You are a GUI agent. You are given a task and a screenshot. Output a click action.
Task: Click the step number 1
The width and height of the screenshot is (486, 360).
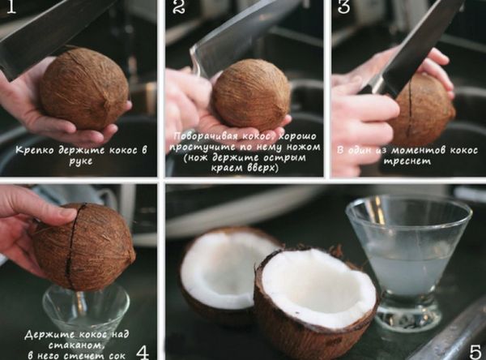11,6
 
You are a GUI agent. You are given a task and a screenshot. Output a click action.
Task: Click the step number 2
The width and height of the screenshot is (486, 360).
179,6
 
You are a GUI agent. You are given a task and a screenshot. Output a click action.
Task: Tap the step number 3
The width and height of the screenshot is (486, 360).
343,6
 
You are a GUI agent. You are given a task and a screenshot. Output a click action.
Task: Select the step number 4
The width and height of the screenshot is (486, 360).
143,352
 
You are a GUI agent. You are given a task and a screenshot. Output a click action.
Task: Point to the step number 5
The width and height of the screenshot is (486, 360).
475,352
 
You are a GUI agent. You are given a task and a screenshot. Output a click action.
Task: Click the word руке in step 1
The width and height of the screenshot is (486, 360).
80,161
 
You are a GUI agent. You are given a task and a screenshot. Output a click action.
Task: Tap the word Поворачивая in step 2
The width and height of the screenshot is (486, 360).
206,136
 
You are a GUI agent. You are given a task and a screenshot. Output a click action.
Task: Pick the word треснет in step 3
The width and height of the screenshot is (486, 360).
407,161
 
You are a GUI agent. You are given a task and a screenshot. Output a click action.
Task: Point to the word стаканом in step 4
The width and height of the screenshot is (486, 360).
76,345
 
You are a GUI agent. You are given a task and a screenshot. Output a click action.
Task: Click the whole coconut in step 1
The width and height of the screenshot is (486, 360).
84,89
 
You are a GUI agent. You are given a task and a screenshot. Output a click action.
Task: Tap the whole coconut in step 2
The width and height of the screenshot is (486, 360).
251,94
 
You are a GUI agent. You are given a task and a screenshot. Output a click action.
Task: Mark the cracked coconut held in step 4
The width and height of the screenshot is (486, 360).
83,246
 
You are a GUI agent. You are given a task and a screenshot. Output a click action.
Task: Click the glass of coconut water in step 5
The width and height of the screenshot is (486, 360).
408,260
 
